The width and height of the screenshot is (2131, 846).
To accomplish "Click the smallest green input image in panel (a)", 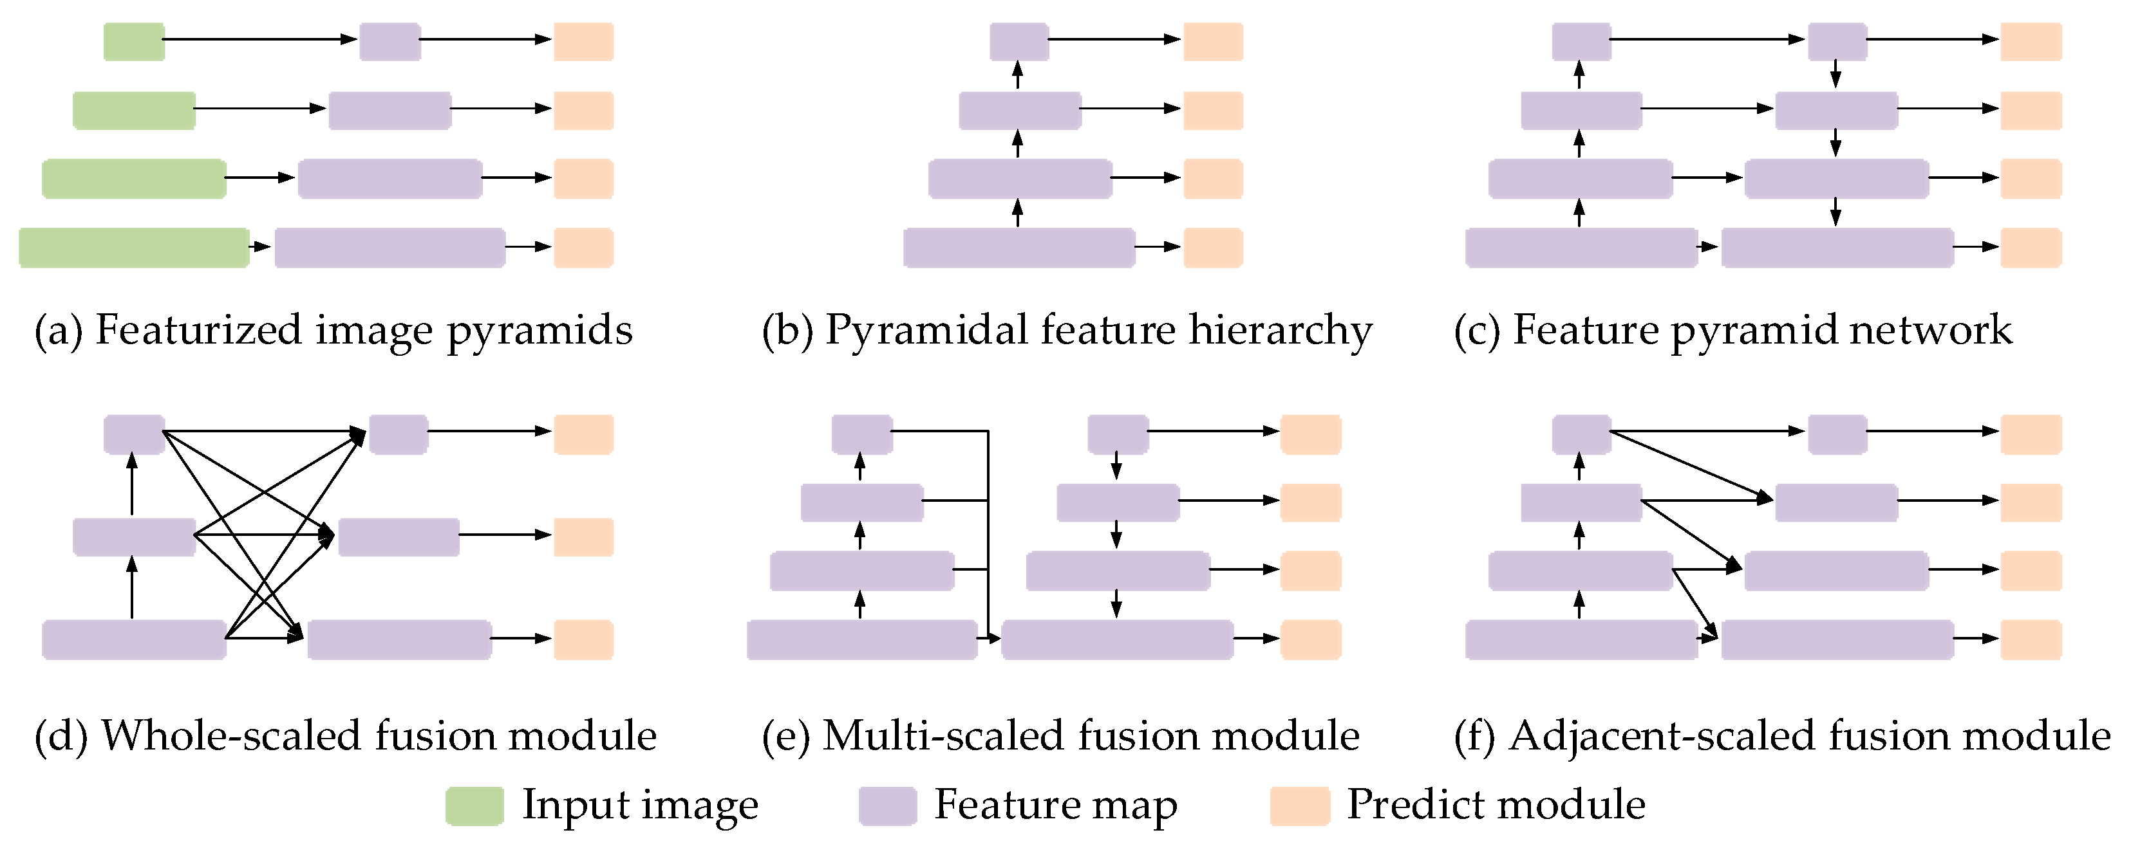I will pyautogui.click(x=133, y=41).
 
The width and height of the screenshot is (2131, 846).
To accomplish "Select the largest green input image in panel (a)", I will pyautogui.click(x=133, y=247).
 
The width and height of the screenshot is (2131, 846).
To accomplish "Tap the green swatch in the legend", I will pyautogui.click(x=474, y=805).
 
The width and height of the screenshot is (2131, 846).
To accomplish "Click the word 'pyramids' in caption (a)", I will pyautogui.click(x=540, y=331).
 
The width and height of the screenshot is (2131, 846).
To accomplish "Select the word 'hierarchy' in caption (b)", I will pyautogui.click(x=1281, y=331).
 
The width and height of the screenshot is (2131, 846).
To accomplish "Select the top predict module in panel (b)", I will pyautogui.click(x=1213, y=41).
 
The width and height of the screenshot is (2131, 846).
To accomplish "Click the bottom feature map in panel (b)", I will pyautogui.click(x=1019, y=247).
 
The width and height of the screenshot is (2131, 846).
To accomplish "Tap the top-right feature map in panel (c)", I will pyautogui.click(x=1837, y=41).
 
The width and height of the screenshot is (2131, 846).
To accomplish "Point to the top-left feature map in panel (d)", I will pyautogui.click(x=133, y=434).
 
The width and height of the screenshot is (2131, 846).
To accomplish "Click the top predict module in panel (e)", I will pyautogui.click(x=1310, y=434).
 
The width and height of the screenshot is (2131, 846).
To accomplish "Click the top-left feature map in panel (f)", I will pyautogui.click(x=1581, y=434).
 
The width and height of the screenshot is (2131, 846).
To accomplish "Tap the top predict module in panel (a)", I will pyautogui.click(x=583, y=41).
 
